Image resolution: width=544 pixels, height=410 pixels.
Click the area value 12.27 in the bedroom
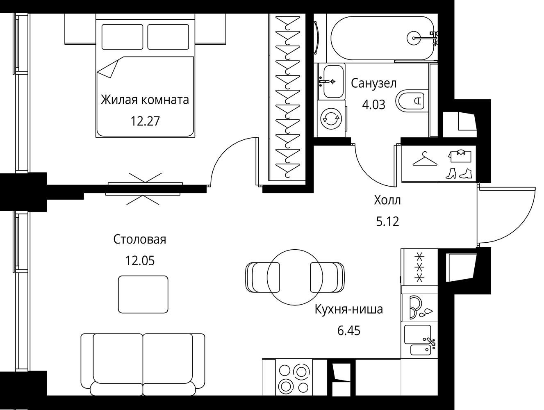point(145,121)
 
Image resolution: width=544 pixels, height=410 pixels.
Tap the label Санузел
point(373,83)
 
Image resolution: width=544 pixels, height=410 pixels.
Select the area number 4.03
point(373,105)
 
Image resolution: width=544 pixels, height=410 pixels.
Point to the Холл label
point(387,200)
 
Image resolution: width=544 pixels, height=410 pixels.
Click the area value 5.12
point(388,221)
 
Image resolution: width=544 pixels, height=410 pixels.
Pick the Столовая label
point(140,239)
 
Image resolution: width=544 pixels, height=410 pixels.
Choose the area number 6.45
point(349,330)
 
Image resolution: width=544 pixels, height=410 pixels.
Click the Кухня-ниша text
point(349,310)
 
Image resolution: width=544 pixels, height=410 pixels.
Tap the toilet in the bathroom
point(412,100)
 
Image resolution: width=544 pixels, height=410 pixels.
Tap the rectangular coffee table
point(143,294)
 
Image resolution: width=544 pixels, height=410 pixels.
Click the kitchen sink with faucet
point(419,340)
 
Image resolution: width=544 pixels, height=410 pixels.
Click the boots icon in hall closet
point(458,173)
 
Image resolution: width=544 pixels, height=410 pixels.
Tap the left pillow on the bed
point(123,36)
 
